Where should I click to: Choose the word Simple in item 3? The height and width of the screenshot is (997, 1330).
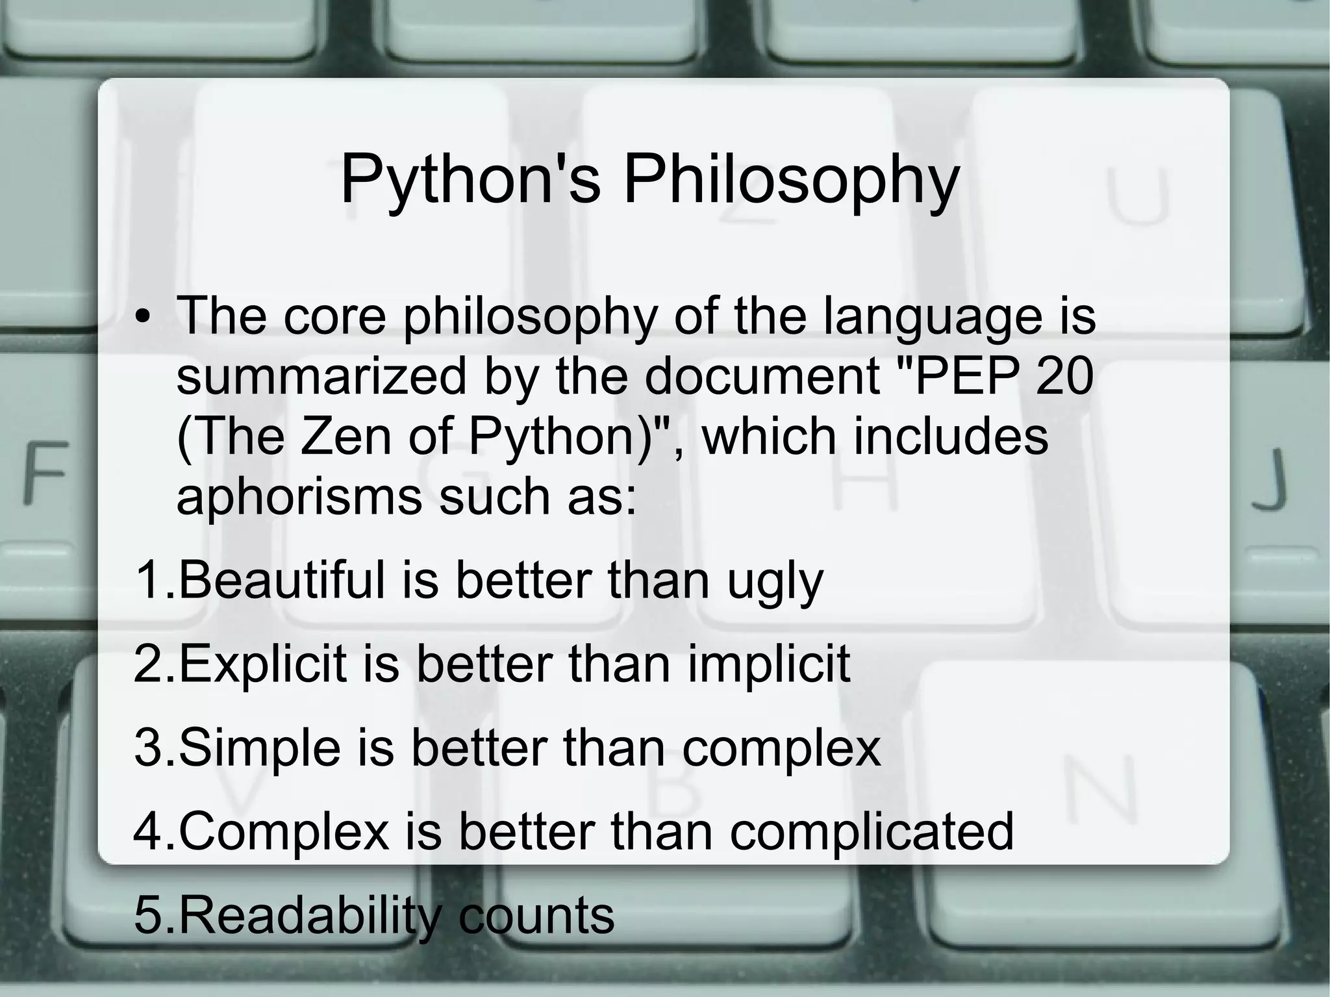click(259, 748)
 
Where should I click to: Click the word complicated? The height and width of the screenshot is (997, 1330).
click(872, 833)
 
